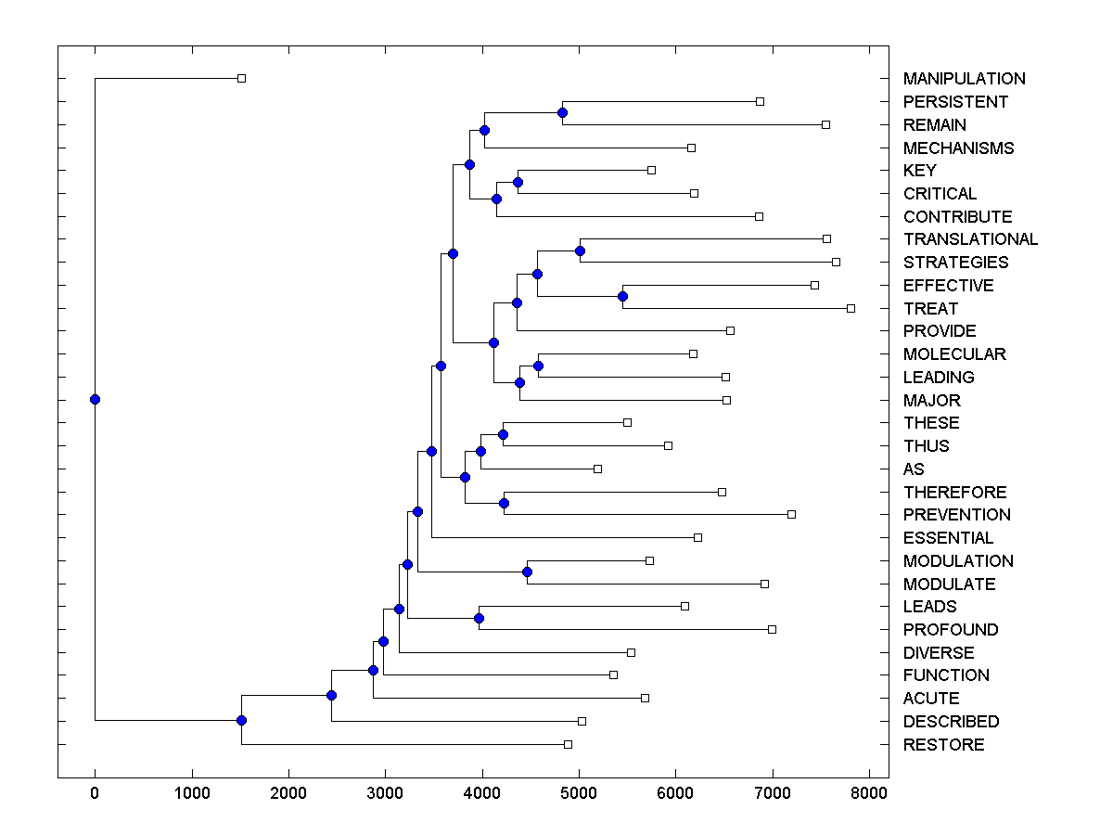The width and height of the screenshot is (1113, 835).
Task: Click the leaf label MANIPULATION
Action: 964,79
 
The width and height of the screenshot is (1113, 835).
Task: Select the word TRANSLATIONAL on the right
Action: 970,239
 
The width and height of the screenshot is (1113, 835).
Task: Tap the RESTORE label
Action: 943,745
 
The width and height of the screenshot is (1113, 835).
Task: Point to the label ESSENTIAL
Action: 948,538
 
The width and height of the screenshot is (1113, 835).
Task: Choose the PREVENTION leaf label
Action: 956,515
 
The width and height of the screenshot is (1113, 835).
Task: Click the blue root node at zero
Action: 95,400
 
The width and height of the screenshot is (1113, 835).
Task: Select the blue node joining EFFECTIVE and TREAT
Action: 622,297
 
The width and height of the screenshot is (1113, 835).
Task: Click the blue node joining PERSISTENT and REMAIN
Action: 562,113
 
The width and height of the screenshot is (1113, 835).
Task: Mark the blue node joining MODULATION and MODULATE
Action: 527,572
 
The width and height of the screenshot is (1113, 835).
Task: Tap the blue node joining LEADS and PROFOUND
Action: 479,618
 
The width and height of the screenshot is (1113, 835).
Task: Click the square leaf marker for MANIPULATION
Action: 241,79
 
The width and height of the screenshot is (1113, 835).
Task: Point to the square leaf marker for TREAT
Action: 851,308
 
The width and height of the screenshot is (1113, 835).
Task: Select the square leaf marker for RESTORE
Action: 568,745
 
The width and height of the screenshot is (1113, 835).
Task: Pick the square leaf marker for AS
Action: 597,469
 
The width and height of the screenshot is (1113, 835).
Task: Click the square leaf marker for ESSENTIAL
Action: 697,538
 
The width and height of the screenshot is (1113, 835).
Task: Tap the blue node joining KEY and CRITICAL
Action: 518,182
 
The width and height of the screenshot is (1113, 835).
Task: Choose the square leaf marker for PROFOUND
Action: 772,629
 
